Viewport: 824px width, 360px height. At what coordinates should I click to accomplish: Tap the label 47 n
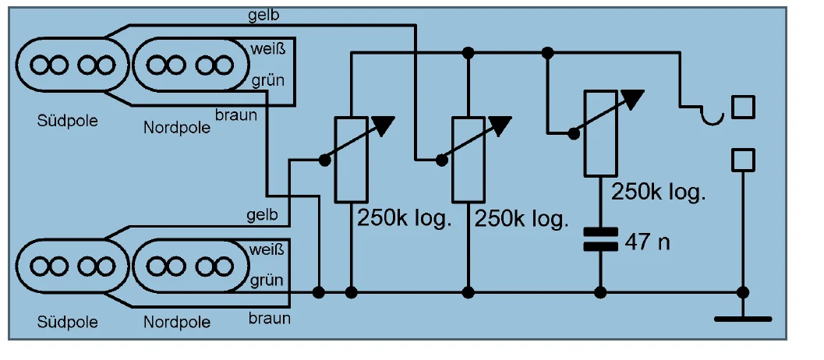(x=647, y=242)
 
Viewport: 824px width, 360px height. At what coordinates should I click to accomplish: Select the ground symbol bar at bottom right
(x=743, y=319)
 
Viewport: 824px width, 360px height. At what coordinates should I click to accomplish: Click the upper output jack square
(x=743, y=107)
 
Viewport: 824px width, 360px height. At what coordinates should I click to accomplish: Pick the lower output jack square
(x=743, y=160)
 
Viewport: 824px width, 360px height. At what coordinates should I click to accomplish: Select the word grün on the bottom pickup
(x=267, y=280)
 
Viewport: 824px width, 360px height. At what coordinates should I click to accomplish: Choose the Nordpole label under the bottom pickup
(x=177, y=322)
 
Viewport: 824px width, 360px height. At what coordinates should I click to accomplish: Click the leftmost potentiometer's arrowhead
(x=383, y=125)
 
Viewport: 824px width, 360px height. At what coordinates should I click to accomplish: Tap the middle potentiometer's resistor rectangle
(x=468, y=159)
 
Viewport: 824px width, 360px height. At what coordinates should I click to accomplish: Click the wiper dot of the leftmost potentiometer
(x=324, y=159)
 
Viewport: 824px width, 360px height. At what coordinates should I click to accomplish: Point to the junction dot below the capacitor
(x=600, y=292)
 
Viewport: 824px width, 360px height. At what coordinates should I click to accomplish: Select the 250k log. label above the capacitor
(x=659, y=192)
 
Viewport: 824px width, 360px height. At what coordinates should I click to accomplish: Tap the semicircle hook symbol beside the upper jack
(x=711, y=116)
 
